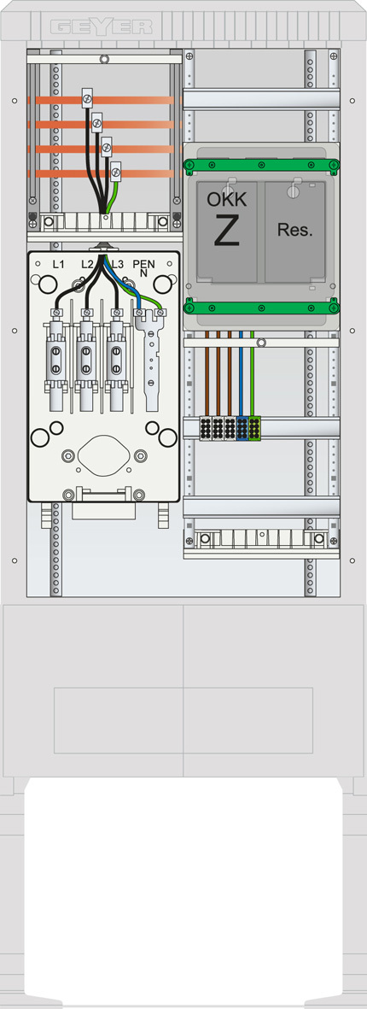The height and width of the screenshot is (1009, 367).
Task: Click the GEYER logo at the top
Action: click(101, 27)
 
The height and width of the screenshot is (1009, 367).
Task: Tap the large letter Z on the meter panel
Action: click(227, 232)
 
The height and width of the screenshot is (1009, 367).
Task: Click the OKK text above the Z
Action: click(227, 199)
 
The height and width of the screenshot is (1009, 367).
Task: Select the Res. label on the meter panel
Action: click(295, 231)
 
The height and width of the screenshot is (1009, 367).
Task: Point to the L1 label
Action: click(58, 264)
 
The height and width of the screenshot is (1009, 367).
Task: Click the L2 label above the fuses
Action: click(87, 264)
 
